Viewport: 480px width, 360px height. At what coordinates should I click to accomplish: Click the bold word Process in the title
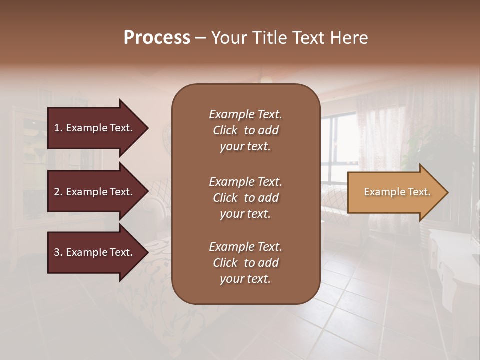[x=157, y=38]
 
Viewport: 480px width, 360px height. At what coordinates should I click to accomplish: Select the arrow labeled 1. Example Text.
[x=95, y=128]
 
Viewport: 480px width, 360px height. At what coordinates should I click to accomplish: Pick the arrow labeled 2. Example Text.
[x=95, y=192]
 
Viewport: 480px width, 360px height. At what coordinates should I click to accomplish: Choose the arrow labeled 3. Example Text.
[x=95, y=252]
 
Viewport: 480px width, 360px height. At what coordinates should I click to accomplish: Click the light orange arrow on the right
[x=395, y=192]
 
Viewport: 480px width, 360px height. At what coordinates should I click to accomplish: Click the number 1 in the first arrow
[x=57, y=128]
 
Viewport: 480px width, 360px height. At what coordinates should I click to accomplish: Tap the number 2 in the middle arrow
[x=57, y=192]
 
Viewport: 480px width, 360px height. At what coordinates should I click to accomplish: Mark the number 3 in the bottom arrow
[x=57, y=252]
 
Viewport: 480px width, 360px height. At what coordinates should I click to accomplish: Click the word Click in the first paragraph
[x=225, y=130]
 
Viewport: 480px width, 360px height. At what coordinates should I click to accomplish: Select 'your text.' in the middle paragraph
[x=245, y=214]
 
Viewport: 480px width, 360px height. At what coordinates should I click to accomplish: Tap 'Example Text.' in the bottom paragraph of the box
[x=245, y=247]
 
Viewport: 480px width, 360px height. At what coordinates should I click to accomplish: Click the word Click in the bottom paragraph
[x=225, y=263]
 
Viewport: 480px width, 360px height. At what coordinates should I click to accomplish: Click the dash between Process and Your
[x=200, y=38]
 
